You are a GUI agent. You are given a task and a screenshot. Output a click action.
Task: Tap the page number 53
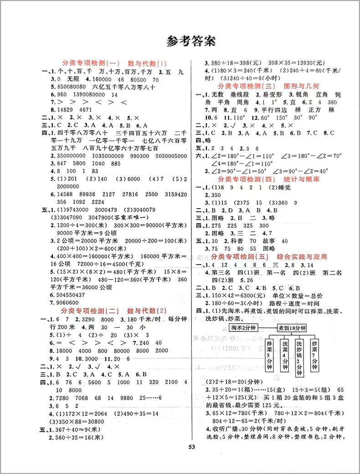(180, 459)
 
